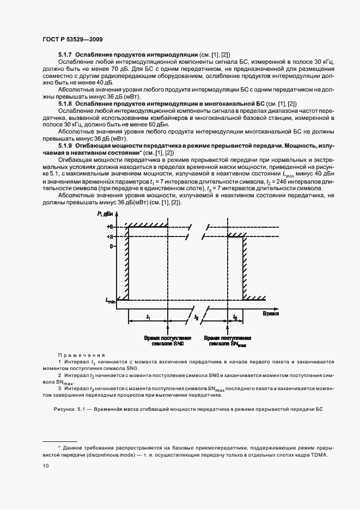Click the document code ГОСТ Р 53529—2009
[x=72, y=39]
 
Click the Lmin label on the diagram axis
[x=109, y=300]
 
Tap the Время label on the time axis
[x=271, y=314]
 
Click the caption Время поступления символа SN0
[x=167, y=342]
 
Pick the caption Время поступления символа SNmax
[x=227, y=342]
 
